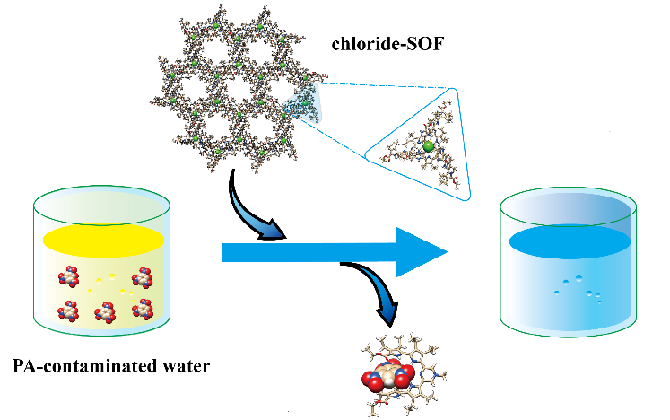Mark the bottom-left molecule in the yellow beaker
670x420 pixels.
coord(66,311)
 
